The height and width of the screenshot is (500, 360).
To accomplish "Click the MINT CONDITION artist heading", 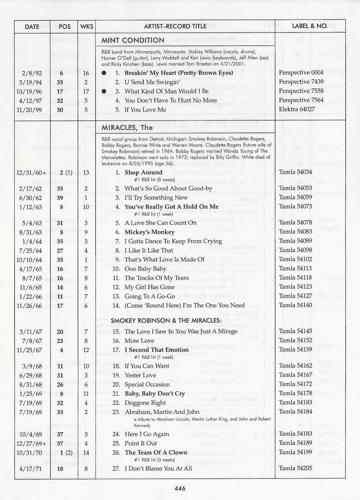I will (x=133, y=40).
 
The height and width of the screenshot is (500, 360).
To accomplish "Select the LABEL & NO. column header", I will (x=310, y=26).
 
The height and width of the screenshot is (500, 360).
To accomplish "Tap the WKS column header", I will (x=87, y=26).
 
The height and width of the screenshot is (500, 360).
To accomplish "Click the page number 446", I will (x=180, y=488).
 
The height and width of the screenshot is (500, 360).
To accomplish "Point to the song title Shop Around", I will (x=143, y=173).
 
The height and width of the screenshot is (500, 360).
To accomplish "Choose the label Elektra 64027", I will (x=297, y=109).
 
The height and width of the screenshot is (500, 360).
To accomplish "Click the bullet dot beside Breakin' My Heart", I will (x=104, y=73).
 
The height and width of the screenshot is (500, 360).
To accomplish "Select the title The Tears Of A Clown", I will (x=156, y=453).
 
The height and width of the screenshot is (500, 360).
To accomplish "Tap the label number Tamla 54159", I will (x=295, y=350).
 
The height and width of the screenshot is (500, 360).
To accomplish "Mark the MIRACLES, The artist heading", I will (x=127, y=128).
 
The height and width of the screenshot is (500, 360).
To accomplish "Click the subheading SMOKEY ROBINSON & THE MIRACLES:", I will (x=166, y=321).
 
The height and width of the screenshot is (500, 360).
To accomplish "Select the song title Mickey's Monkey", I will (x=149, y=232).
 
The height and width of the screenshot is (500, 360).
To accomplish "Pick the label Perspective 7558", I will (x=301, y=91).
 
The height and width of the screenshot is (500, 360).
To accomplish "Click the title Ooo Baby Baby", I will (x=145, y=269).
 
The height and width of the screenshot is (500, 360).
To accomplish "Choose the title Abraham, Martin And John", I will (x=162, y=412).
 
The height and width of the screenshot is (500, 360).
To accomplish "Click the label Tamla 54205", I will (x=295, y=468).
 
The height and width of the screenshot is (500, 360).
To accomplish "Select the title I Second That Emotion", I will (x=156, y=350).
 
